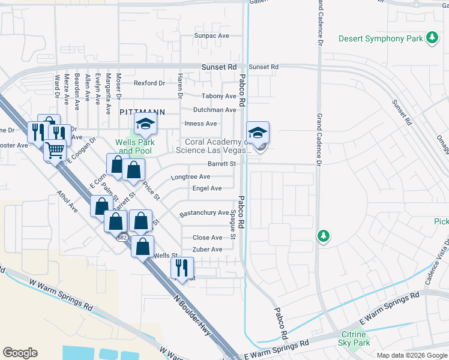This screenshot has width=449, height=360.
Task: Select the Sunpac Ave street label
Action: [211, 36]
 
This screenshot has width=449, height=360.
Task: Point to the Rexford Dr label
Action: [149, 83]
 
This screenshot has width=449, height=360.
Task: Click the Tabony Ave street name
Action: [218, 96]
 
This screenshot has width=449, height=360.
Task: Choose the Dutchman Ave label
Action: [214, 110]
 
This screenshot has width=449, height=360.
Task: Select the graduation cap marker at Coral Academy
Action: [258, 133]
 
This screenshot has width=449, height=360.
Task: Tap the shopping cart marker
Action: [55, 150]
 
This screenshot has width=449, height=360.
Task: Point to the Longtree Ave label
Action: [190, 177]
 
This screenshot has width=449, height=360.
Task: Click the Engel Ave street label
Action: [207, 188]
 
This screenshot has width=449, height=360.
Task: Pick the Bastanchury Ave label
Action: [204, 213]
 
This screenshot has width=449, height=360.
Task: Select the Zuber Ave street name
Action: [207, 250]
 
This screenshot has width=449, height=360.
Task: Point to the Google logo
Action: [20, 353]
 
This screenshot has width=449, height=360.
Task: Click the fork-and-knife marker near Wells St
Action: [182, 267]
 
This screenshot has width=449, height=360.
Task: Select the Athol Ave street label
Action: [67, 202]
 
